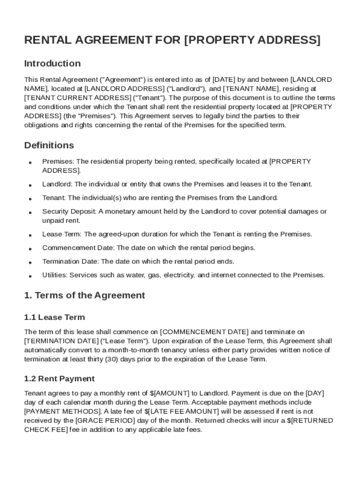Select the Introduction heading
(x=52, y=63)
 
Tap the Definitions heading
(x=49, y=145)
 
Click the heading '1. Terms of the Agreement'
(x=85, y=295)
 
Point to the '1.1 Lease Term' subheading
(x=55, y=317)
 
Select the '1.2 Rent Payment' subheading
(x=59, y=378)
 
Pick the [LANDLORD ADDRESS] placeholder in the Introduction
(x=119, y=88)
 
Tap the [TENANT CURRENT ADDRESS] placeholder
(x=78, y=98)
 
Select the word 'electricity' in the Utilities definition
(x=177, y=275)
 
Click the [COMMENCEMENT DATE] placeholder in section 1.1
(x=204, y=332)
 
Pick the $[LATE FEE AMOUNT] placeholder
(x=180, y=411)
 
